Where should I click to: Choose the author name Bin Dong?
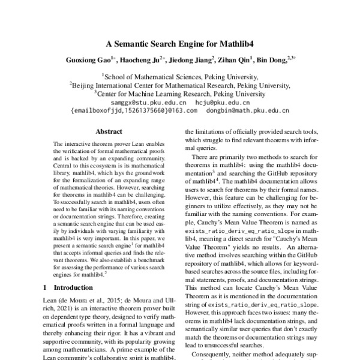[271, 61]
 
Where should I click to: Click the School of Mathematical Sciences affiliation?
[181, 77]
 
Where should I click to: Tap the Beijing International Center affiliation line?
[181, 85]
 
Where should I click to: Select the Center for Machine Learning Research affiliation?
[181, 94]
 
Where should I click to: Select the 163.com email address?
[133, 110]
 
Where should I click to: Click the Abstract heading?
[109, 130]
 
